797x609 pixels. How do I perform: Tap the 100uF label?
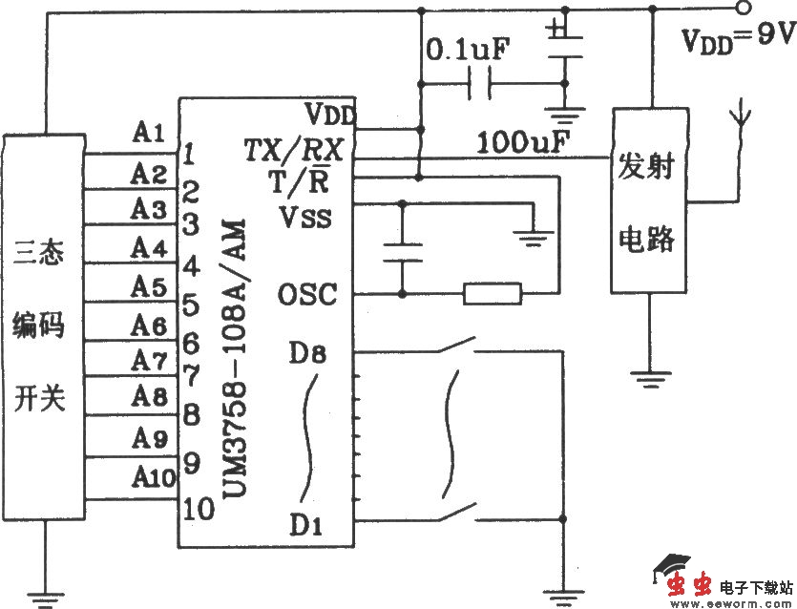523,144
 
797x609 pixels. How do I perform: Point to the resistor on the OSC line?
493,293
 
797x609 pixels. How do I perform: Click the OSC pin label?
307,295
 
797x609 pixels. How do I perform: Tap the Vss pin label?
305,217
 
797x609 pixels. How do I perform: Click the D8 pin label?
307,354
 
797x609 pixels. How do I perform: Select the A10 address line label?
154,474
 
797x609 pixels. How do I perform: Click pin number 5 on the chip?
190,305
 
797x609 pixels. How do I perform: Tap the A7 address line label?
150,361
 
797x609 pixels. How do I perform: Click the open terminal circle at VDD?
742,9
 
